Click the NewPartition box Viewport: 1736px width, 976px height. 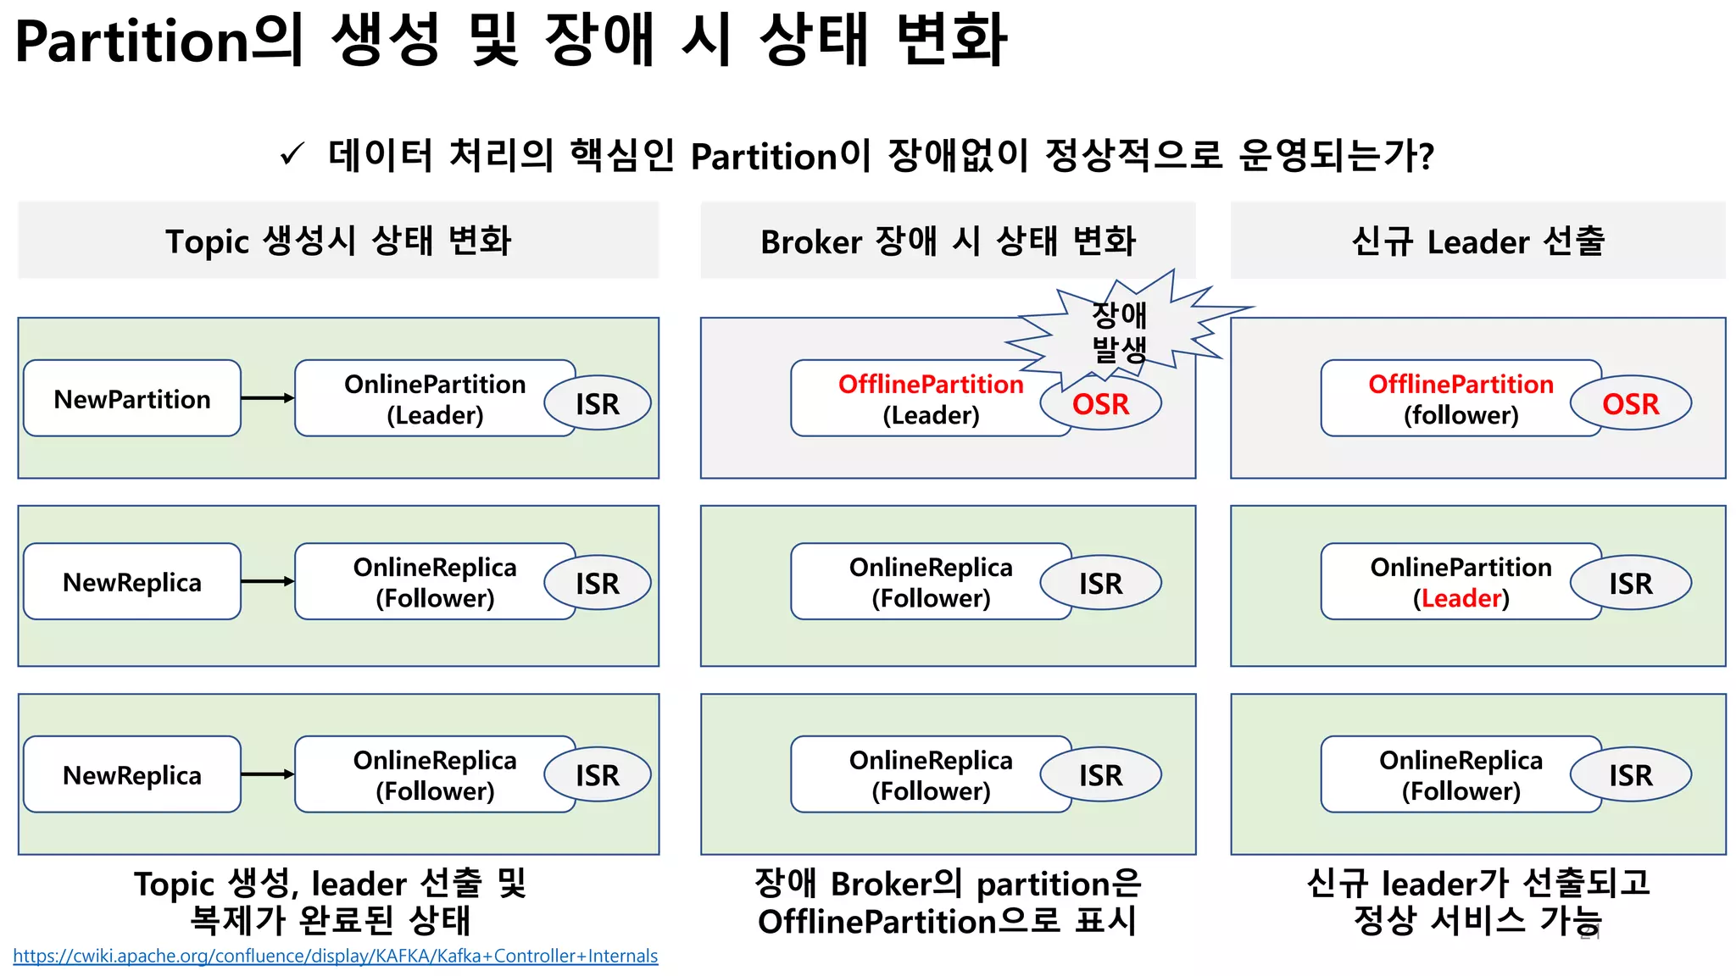(132, 398)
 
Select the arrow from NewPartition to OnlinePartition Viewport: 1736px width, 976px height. (267, 398)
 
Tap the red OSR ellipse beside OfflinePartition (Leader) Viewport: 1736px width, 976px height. (1100, 404)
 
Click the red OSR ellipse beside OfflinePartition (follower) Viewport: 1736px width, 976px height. (1630, 404)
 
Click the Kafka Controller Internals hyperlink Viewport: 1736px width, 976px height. (335, 956)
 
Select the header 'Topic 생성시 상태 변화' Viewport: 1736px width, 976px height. (338, 241)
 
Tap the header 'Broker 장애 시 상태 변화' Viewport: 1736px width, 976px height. (948, 241)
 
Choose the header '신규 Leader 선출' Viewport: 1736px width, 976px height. (1477, 241)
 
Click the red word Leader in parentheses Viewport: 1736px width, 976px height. (1461, 598)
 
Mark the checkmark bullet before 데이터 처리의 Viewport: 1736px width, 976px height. (292, 155)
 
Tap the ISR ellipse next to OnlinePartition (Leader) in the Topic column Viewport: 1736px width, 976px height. (598, 403)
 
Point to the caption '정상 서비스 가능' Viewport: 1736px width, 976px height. (1477, 921)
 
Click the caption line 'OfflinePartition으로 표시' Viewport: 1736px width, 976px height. (948, 921)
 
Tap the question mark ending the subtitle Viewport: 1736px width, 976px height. (1426, 156)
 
